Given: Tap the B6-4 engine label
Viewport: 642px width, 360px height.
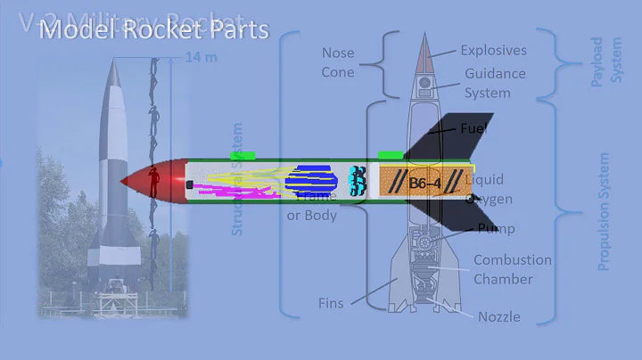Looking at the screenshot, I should point(425,184).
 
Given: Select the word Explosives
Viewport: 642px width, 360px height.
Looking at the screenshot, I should point(493,51).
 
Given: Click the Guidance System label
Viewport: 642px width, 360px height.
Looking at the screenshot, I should point(494,83).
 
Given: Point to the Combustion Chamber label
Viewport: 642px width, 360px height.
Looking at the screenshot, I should point(512,269).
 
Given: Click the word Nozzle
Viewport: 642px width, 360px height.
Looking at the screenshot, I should point(498,316).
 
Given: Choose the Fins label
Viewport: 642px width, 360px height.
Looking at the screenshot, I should point(331,303).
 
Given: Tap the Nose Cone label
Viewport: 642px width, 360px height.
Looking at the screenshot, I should point(338,62).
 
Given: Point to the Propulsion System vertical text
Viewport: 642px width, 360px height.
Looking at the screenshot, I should point(604,211).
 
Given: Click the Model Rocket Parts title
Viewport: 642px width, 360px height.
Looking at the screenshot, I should point(153,30).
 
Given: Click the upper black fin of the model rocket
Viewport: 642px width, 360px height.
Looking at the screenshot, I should point(455,135).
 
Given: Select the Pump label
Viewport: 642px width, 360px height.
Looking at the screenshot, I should point(496,229).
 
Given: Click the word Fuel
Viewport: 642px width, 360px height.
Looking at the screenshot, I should point(473,129).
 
